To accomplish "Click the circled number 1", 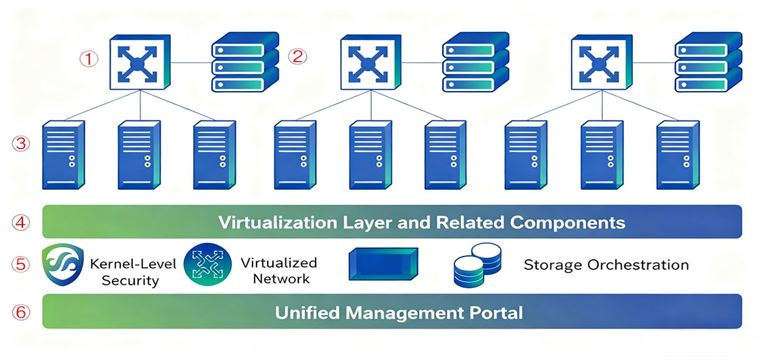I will click(x=89, y=59).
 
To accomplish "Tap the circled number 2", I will click(x=298, y=56).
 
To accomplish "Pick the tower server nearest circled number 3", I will click(x=64, y=154).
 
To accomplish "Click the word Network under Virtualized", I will click(x=275, y=278).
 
